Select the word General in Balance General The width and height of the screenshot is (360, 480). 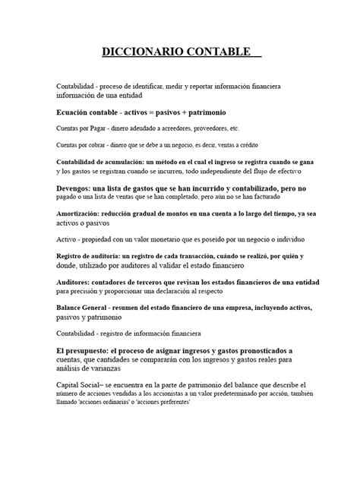pos(106,308)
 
